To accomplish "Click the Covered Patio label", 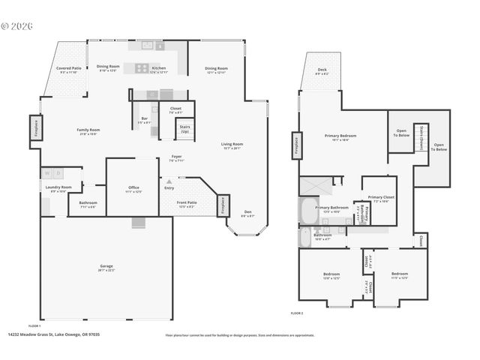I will click(69, 70).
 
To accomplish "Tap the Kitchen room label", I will click(158, 70).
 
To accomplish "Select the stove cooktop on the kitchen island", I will click(142, 67).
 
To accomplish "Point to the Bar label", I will click(144, 120).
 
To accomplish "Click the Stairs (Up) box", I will click(184, 129).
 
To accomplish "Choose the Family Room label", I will click(88, 131).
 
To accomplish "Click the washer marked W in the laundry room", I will click(46, 173).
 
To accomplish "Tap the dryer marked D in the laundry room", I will click(57, 173).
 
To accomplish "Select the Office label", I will click(133, 189).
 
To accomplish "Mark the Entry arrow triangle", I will click(169, 181).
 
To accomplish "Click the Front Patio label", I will click(187, 204).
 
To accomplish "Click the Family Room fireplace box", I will click(34, 128).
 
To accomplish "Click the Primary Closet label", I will click(379, 199).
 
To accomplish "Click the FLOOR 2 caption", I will click(297, 313).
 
